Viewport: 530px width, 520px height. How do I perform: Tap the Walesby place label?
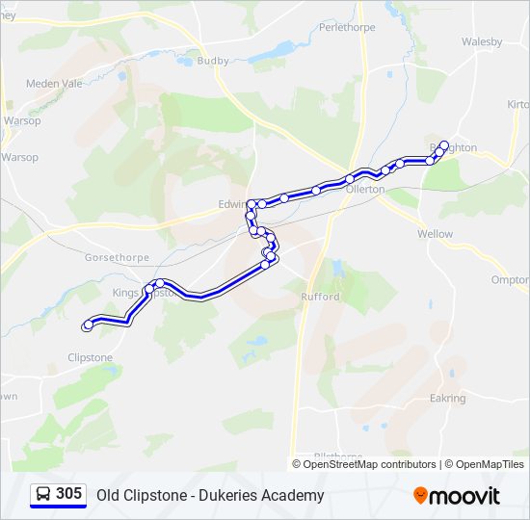point(482,41)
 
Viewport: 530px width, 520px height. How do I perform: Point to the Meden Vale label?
point(54,83)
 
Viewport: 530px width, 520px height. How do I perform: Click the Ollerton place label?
point(365,190)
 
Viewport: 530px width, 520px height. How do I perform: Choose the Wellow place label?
point(435,234)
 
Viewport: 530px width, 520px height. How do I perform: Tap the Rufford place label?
point(320,297)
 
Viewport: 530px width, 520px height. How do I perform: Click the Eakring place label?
point(447,398)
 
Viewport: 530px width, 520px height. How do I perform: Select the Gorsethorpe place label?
point(113,260)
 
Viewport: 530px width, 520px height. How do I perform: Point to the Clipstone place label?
point(90,357)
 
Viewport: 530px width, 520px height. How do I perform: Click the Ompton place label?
point(510,280)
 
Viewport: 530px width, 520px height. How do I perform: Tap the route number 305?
point(68,494)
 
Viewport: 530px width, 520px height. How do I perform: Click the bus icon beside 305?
point(43,495)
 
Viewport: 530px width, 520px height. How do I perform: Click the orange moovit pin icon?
point(420,496)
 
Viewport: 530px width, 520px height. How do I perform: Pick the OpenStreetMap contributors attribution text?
point(369,464)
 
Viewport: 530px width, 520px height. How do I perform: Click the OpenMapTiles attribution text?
point(490,464)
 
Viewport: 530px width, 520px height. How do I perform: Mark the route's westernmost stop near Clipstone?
point(88,325)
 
